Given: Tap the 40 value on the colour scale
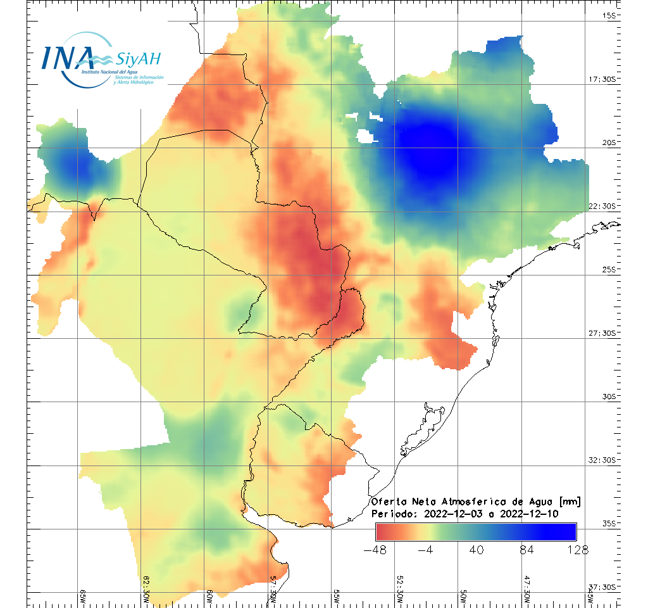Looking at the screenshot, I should click(477, 549).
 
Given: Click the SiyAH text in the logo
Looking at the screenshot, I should click(138, 60).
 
